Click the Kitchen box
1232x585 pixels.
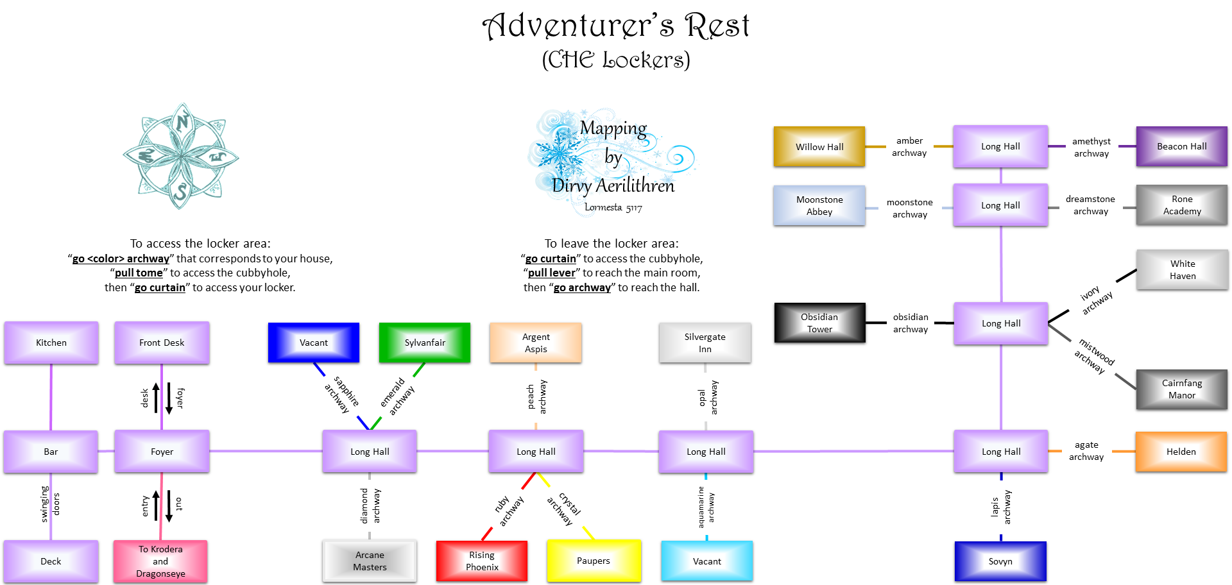51,343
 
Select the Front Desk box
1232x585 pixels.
162,343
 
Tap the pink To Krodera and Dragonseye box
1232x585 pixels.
160,561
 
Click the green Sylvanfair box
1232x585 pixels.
424,343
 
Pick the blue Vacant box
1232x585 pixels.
313,343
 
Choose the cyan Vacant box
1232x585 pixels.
706,561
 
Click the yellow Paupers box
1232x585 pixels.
594,561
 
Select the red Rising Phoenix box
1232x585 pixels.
482,561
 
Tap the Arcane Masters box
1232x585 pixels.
370,561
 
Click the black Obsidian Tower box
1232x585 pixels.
819,323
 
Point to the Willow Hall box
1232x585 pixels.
819,147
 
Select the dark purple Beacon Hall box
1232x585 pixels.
1181,146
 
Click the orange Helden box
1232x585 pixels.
1181,452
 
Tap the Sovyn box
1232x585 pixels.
1000,561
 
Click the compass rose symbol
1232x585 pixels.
181,157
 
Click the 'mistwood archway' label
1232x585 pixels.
1094,357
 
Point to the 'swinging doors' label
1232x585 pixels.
50,504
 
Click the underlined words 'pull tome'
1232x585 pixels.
139,273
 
